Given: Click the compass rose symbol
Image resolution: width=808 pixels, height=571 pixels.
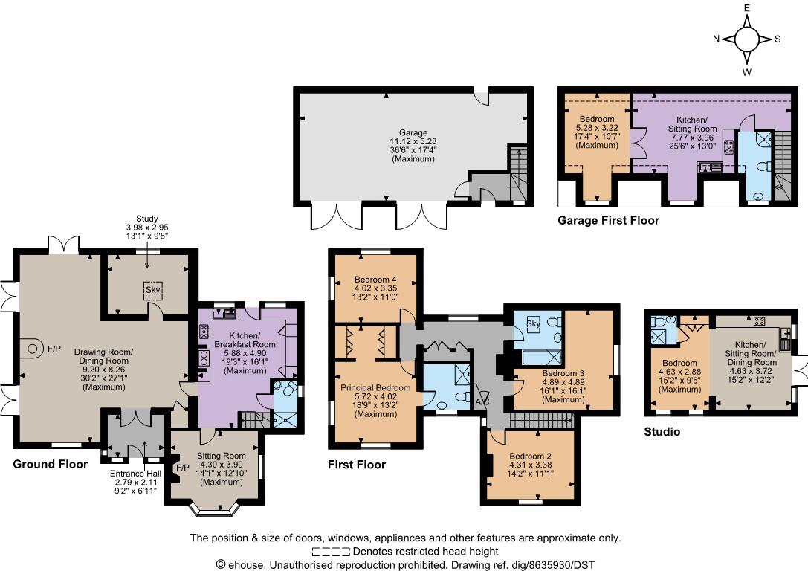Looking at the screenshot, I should pos(747,39).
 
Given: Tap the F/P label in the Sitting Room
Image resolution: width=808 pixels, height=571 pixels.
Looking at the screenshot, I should pos(179,468).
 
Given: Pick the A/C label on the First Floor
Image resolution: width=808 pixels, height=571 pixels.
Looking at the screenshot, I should pos(483,402).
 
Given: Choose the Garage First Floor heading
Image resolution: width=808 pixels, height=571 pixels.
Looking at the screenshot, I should pos(608,221).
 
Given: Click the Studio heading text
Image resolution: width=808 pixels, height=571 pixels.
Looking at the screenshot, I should pos(662,431).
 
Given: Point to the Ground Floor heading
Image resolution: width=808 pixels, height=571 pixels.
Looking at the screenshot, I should pos(51,464).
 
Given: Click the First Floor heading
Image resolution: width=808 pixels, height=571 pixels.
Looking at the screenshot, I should pos(357,465).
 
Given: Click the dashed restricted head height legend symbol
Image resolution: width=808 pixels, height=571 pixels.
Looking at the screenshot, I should pos(331,552).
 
